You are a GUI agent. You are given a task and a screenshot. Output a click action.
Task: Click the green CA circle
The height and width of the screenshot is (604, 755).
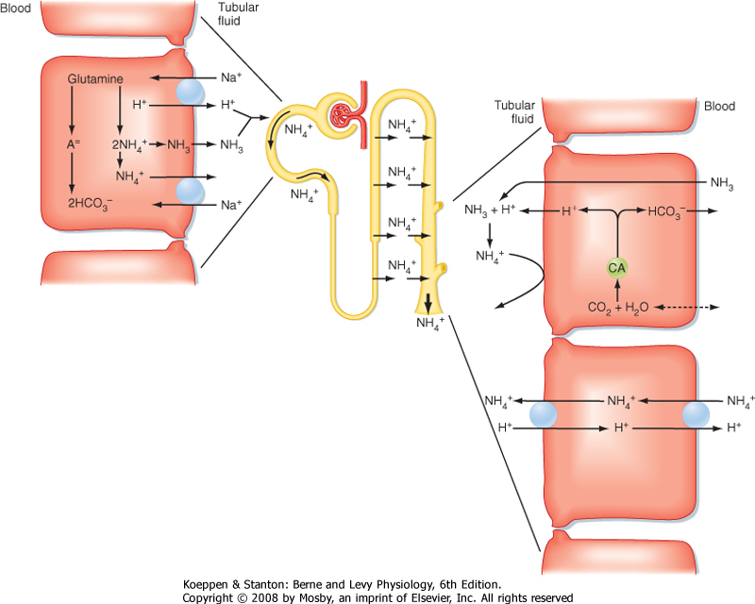click(616, 268)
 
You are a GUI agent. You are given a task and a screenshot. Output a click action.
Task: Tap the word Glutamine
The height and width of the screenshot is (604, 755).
click(95, 81)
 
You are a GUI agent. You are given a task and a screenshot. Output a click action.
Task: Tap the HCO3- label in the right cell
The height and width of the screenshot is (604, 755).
click(667, 210)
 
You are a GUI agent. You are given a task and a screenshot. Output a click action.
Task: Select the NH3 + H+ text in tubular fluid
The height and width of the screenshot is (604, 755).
click(489, 210)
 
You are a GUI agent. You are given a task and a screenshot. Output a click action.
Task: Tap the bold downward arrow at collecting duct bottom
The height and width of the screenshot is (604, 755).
click(428, 304)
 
